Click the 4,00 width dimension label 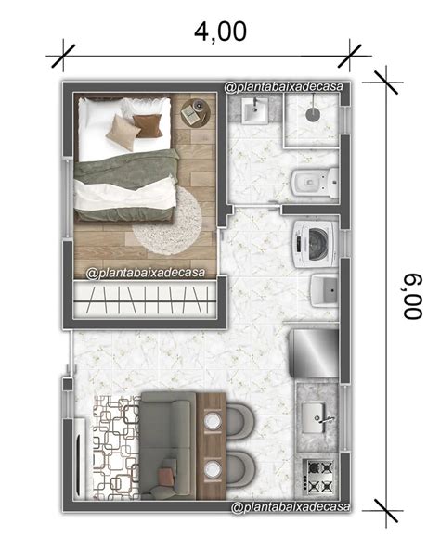[220, 32]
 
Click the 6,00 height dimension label [413, 296]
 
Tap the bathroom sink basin [255, 110]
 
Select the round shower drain [312, 114]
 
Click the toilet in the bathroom [314, 182]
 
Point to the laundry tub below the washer [325, 290]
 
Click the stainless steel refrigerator [314, 353]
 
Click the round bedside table [195, 112]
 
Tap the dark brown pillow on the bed [148, 126]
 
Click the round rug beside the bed [167, 220]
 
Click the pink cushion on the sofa [166, 477]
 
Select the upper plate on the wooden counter [213, 421]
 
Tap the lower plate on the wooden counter [213, 469]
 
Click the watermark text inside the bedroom [146, 273]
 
